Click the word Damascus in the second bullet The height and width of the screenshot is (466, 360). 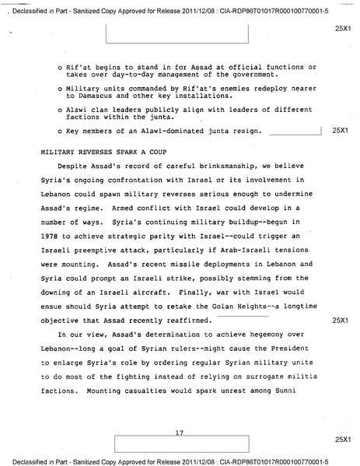click(x=89, y=103)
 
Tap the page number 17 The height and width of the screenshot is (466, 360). click(x=179, y=432)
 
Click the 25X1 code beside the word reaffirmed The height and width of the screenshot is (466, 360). click(x=339, y=320)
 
